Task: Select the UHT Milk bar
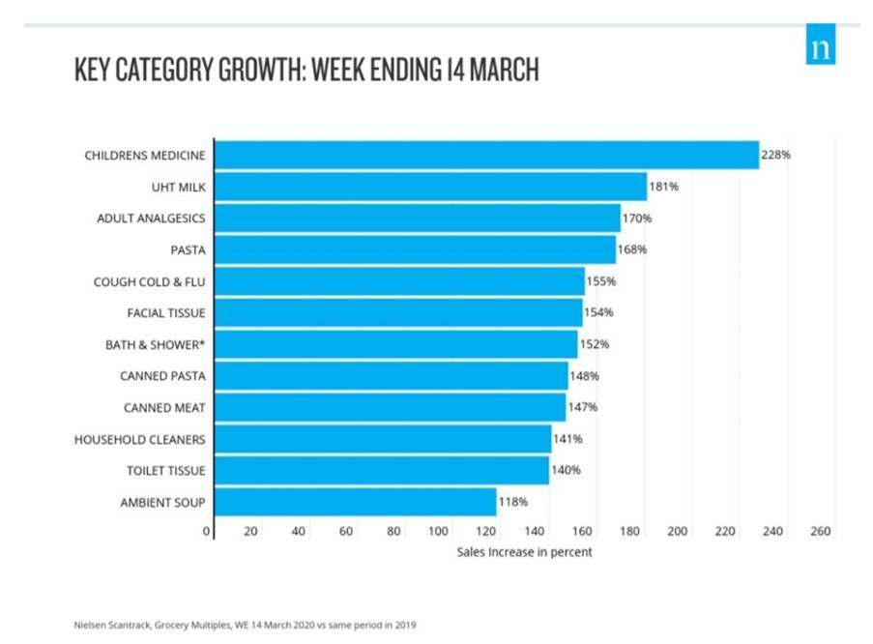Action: point(430,187)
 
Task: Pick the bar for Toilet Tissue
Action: point(381,471)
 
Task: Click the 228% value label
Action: point(776,155)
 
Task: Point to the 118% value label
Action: point(513,503)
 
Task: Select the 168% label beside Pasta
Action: point(632,249)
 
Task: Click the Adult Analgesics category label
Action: point(151,219)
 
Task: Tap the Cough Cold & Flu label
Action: point(149,281)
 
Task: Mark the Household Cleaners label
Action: point(140,439)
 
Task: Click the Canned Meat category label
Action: point(164,407)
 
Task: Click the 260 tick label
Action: point(820,532)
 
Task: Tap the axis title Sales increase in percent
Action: point(524,552)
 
